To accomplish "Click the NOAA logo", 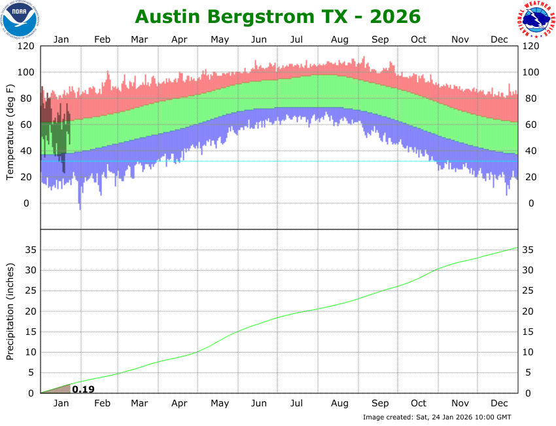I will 20,19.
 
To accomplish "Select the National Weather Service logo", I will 536,20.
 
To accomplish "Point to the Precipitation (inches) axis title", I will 11,311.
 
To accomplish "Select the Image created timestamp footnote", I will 437,417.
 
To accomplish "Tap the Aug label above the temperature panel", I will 339,39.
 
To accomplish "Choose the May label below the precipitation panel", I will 220,403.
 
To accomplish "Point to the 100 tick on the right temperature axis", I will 530,73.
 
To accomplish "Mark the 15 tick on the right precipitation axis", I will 528,332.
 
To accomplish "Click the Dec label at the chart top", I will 500,39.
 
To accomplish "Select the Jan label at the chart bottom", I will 61,403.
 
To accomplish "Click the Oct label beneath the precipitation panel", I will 419,403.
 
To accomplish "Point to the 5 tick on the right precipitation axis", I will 526,373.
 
